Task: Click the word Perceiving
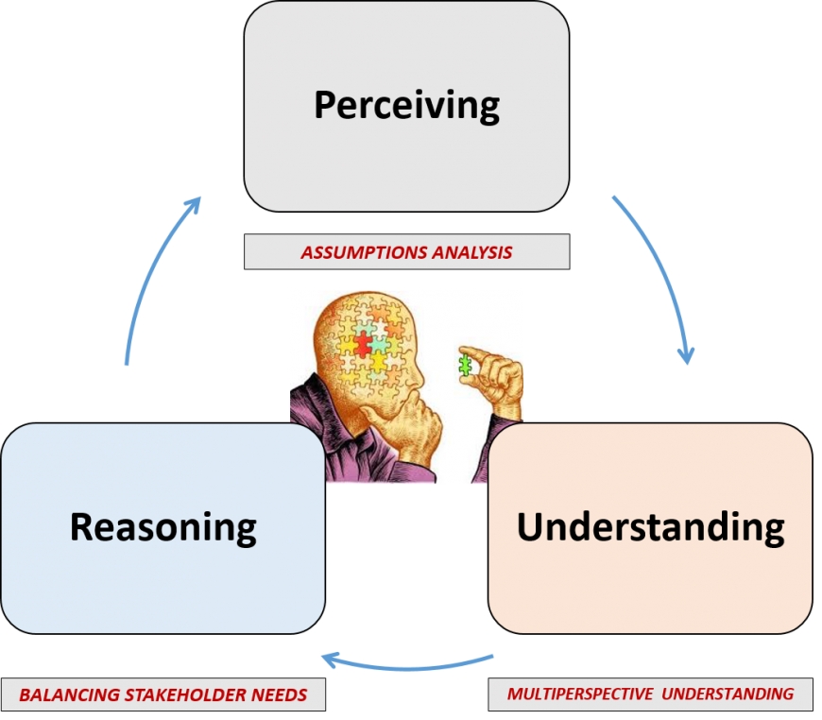(406, 105)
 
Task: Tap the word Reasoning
(163, 526)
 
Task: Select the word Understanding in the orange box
(650, 526)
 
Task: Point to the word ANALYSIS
(473, 253)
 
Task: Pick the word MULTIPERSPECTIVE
(580, 694)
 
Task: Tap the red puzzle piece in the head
(365, 346)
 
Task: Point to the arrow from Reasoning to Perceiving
(151, 274)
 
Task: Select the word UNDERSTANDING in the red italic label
(728, 694)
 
